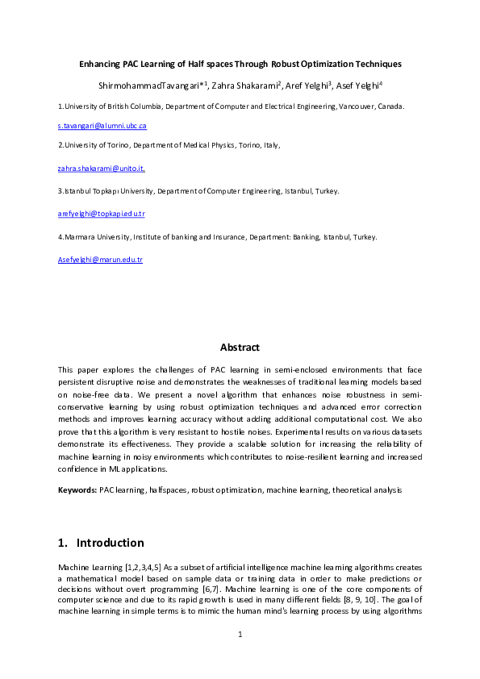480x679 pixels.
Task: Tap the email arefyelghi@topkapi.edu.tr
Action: click(101, 214)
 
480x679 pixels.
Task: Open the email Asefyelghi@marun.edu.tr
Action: click(100, 260)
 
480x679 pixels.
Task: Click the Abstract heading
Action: click(240, 348)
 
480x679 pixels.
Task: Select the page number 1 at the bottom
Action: click(240, 635)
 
